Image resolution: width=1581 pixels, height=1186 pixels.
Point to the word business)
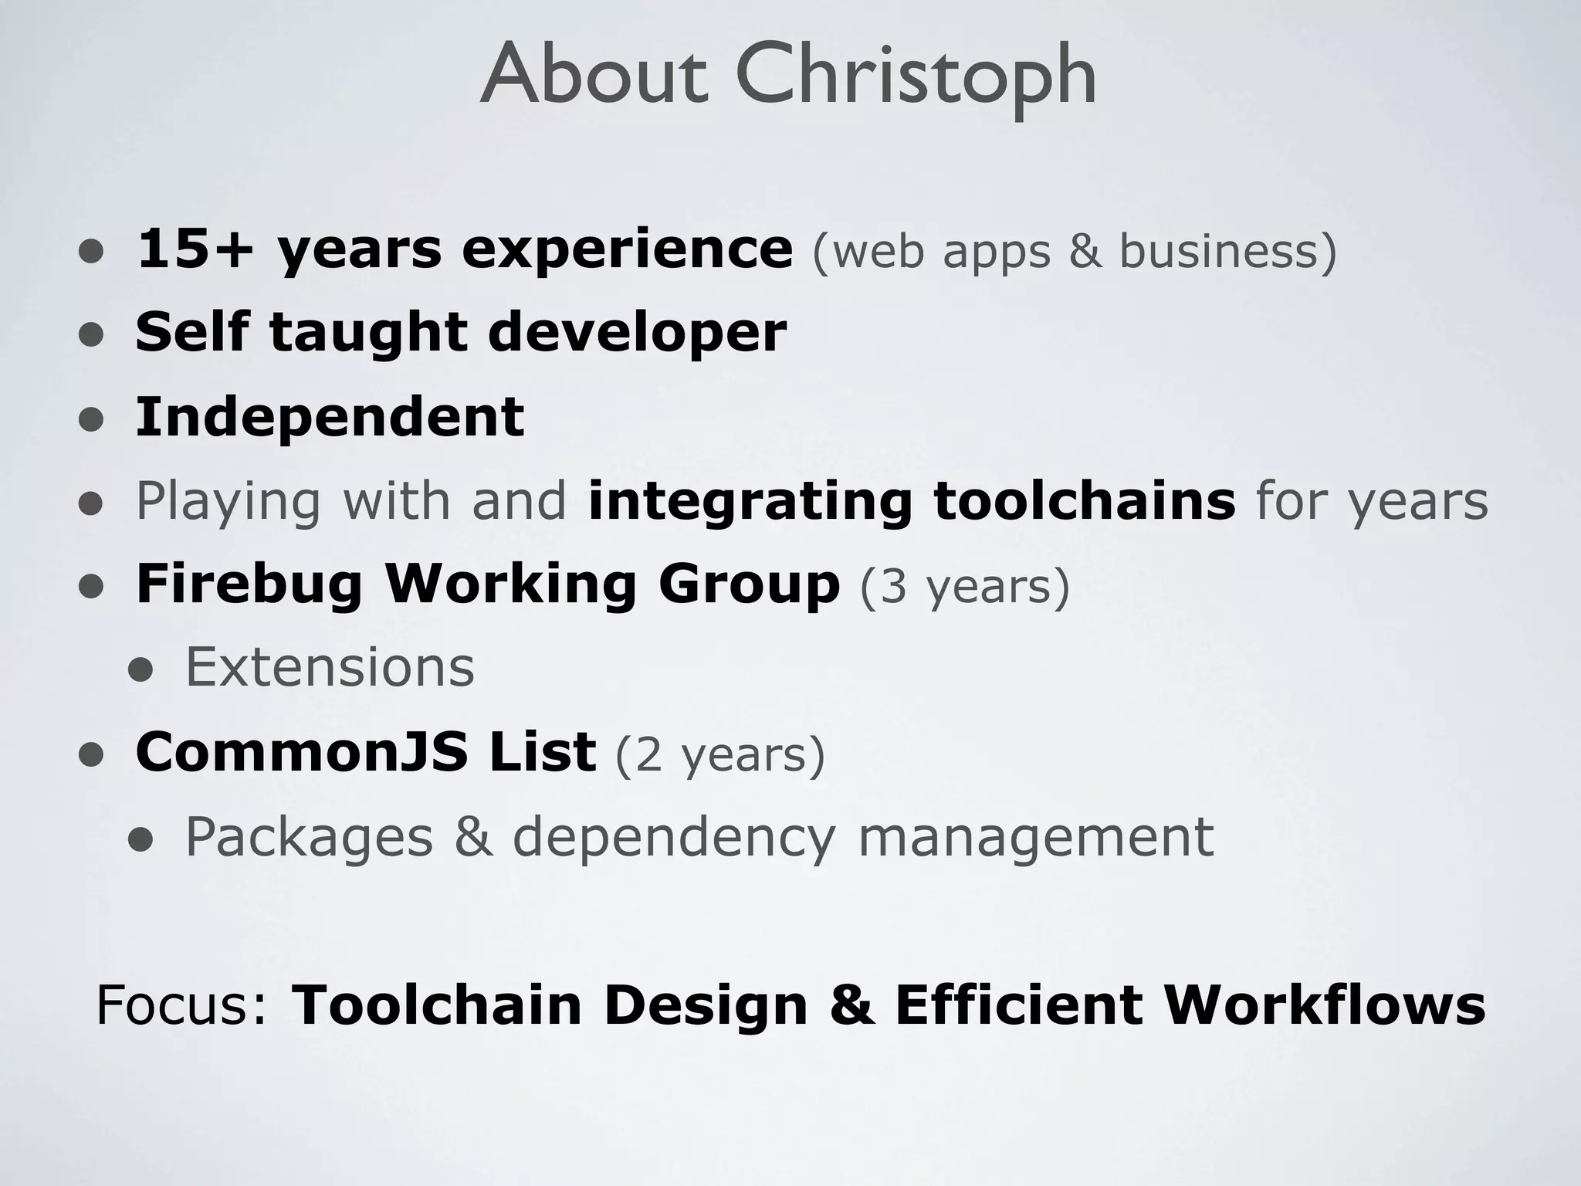(1227, 252)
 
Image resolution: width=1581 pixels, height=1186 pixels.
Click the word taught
(368, 333)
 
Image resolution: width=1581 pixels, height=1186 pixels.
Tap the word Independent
(330, 417)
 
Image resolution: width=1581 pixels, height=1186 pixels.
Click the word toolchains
(1085, 500)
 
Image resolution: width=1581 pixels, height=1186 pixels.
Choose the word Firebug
(249, 585)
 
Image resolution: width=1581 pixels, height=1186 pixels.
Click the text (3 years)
(965, 586)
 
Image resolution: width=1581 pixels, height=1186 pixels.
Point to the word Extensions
(330, 667)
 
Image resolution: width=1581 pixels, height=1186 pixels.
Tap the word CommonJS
(301, 751)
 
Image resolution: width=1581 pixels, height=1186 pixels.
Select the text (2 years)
(720, 754)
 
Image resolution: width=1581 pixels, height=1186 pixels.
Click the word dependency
(673, 838)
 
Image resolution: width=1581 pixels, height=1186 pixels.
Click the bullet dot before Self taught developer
(91, 335)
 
